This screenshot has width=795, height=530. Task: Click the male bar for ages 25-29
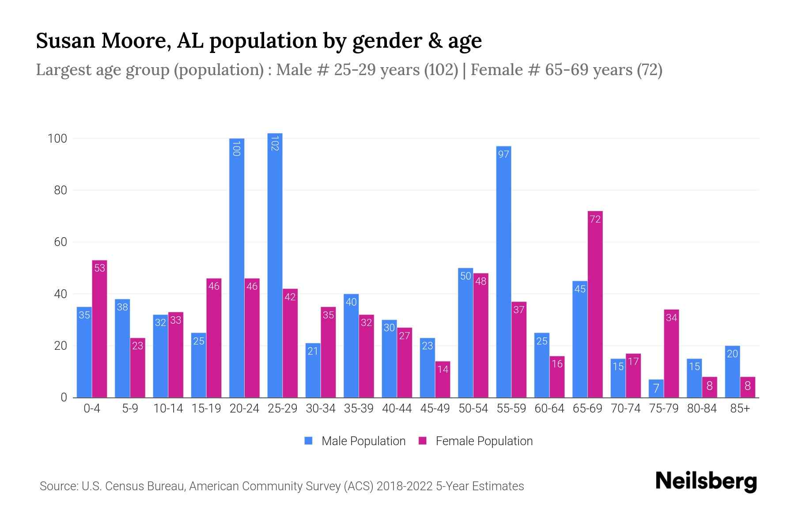[275, 265]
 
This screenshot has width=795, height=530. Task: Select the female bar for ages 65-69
[595, 305]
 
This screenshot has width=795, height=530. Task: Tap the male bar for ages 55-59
[503, 272]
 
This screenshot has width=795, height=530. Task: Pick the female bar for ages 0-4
[99, 329]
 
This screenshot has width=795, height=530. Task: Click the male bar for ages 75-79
[656, 389]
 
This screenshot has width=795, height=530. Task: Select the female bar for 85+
[747, 387]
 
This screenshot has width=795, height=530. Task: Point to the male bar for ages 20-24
[237, 268]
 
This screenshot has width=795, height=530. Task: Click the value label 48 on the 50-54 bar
[481, 281]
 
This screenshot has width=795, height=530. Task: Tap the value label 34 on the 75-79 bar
[671, 318]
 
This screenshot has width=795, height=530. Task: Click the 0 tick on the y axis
[64, 397]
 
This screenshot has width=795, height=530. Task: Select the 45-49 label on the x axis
[435, 409]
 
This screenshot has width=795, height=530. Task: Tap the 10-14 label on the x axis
[168, 409]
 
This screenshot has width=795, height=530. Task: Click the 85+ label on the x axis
[740, 409]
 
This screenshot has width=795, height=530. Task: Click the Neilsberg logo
[706, 481]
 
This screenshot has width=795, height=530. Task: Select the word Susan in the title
[65, 41]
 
